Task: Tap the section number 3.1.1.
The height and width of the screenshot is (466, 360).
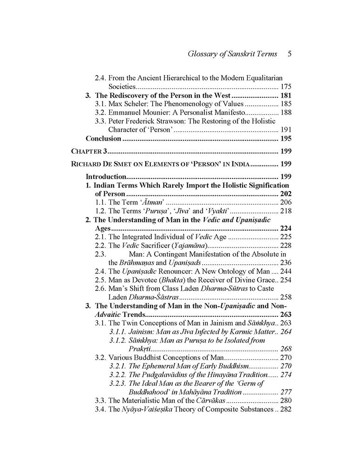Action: pos(118,331)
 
